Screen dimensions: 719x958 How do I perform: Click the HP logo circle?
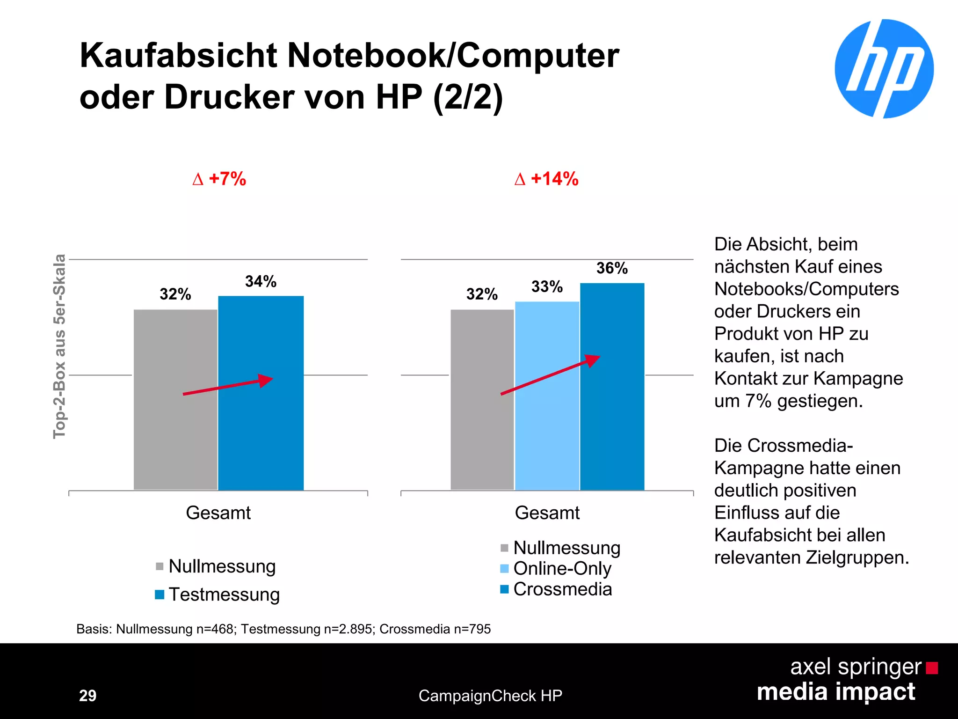(x=884, y=69)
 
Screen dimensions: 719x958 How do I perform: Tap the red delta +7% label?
(x=219, y=179)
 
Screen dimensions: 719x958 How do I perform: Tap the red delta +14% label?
(x=546, y=179)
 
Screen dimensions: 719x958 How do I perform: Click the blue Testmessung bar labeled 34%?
(x=261, y=421)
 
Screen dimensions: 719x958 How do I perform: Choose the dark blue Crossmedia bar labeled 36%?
(x=612, y=421)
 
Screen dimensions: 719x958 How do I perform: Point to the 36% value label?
(x=612, y=268)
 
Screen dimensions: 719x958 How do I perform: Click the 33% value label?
(x=547, y=286)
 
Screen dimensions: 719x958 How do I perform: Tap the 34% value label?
(x=261, y=281)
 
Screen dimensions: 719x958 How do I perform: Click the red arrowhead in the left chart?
(x=266, y=380)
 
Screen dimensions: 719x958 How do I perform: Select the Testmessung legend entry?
(x=218, y=594)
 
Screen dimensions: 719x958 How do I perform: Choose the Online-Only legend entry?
(x=557, y=568)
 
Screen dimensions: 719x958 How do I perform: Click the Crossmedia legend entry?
(x=557, y=589)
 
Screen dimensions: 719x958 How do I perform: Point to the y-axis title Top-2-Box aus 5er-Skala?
(x=59, y=346)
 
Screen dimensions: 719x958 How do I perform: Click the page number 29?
(x=87, y=696)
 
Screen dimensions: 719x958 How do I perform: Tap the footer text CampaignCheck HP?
(x=490, y=696)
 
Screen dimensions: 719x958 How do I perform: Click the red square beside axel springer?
(x=932, y=668)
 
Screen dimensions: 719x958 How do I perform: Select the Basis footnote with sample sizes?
(x=283, y=629)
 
